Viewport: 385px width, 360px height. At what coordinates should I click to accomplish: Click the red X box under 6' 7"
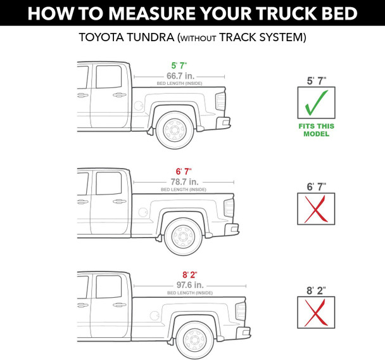coord(316,209)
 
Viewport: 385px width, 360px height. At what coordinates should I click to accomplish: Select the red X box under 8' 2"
coord(316,313)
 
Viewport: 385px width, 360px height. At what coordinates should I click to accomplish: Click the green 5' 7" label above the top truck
coord(179,65)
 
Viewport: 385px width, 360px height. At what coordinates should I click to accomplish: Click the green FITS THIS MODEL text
coord(316,130)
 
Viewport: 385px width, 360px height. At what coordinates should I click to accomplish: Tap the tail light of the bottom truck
coord(240,311)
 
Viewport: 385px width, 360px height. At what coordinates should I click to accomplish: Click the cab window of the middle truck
coord(108,183)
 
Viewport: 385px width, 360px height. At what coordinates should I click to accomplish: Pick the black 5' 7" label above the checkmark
coord(316,81)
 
